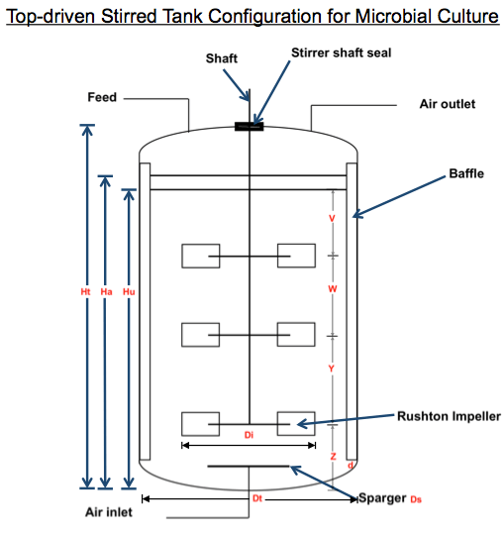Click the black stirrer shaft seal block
point(250,127)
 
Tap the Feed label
point(102,97)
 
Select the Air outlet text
point(448,104)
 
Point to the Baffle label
point(466,173)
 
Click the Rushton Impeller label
point(449,416)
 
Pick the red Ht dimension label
point(85,291)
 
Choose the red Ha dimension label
point(106,291)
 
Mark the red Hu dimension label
point(129,291)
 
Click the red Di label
point(249,435)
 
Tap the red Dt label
point(257,498)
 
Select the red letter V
point(332,218)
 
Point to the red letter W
point(333,289)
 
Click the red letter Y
point(331,369)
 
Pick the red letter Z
point(333,456)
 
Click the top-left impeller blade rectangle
point(201,256)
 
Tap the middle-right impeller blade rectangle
point(296,334)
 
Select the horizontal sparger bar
point(249,467)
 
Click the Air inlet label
point(109,512)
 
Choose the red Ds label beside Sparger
point(416,499)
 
